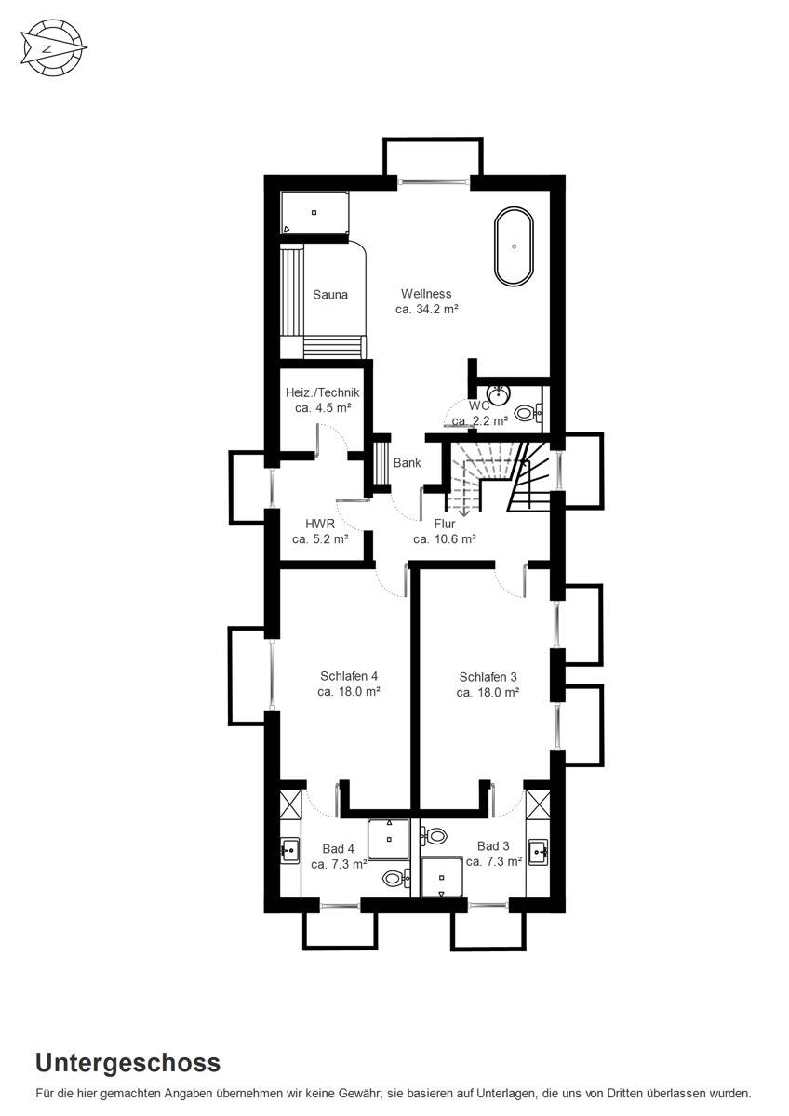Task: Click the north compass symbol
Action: coord(52,48)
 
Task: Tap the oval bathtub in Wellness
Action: coord(514,246)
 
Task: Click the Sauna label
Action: coord(330,295)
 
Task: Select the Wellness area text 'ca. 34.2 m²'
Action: coord(427,309)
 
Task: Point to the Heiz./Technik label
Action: coord(322,392)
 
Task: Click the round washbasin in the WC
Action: coord(498,395)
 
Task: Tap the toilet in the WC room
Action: coord(528,413)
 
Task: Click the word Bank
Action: coord(407,463)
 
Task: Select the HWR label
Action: coord(320,524)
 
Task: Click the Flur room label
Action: coord(445,524)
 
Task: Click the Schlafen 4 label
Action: coord(349,676)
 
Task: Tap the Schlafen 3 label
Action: coord(488,677)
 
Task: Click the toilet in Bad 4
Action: coord(396,877)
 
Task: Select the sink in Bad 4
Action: coord(289,849)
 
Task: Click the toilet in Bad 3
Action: coord(434,834)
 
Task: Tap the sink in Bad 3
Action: coord(539,852)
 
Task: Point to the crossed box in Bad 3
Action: coord(539,804)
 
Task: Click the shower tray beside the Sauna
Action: coord(314,212)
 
